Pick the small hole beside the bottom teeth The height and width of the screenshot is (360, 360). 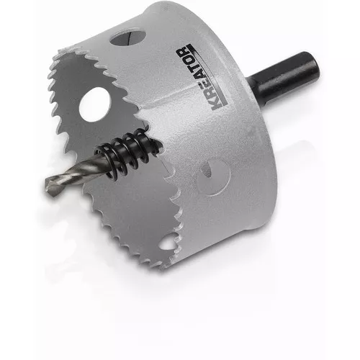[167, 243]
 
